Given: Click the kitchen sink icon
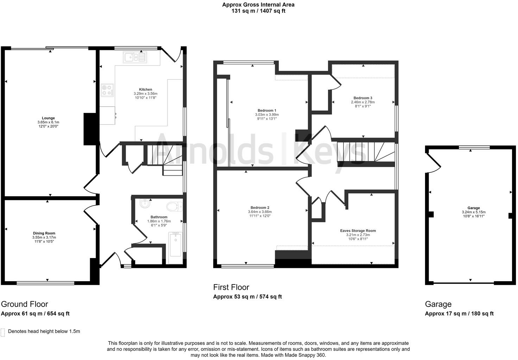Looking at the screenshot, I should pyautogui.click(x=134, y=57).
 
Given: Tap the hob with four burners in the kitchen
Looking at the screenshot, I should pyautogui.click(x=107, y=90).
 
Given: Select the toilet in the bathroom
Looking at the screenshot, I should pyautogui.click(x=175, y=206).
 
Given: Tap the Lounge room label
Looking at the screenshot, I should pyautogui.click(x=48, y=118).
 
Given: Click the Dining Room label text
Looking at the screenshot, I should pyautogui.click(x=44, y=233).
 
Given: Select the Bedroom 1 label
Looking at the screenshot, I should pyautogui.click(x=267, y=110).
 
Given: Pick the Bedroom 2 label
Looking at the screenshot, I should pyautogui.click(x=260, y=207).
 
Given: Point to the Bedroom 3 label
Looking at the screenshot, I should pyautogui.click(x=363, y=98).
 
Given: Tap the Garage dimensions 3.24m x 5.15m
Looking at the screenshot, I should pyautogui.click(x=473, y=212).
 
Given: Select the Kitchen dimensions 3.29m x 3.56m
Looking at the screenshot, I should pyautogui.click(x=145, y=94).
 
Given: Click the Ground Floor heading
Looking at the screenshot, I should pyautogui.click(x=25, y=304).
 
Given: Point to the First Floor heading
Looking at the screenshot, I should pyautogui.click(x=231, y=287).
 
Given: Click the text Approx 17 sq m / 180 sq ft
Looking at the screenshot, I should pyautogui.click(x=459, y=314).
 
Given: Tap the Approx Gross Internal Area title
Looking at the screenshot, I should pyautogui.click(x=258, y=5).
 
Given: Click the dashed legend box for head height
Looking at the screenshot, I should pyautogui.click(x=3, y=332).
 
